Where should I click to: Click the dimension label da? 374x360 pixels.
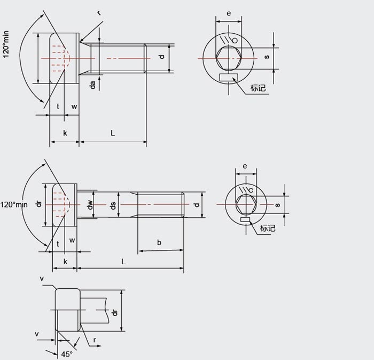click(92, 85)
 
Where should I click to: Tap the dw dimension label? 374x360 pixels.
click(90, 204)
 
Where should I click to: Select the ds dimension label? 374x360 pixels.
click(113, 205)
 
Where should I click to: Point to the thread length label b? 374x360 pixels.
click(159, 242)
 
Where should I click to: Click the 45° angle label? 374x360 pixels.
click(67, 354)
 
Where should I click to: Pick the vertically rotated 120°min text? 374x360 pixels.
click(6, 44)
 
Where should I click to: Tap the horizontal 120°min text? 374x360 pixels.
click(14, 204)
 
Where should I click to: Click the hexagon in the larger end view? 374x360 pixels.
click(229, 58)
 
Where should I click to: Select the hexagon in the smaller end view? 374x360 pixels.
click(246, 204)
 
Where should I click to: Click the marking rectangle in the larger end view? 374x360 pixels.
click(229, 78)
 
